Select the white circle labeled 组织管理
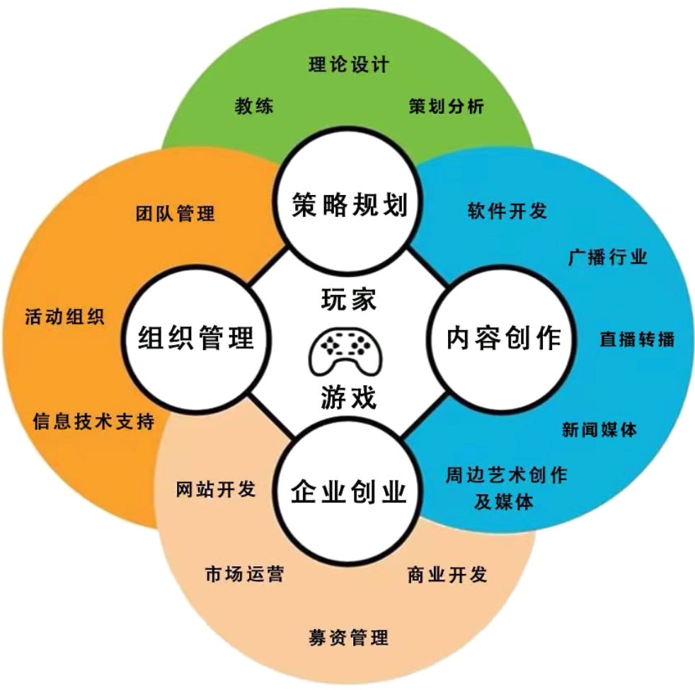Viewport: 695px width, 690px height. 195,338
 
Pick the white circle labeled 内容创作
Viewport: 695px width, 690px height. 503,338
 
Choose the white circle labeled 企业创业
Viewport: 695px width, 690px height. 348,491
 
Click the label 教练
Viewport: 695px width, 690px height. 254,107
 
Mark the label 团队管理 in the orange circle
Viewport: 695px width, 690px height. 176,214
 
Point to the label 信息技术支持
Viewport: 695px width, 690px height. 93,422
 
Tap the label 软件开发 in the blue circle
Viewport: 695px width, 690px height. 507,211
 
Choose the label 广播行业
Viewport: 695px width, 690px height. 608,257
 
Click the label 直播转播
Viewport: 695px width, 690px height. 637,339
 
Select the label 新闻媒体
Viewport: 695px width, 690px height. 599,429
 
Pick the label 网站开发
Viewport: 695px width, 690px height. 216,489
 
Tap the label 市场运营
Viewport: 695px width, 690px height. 244,573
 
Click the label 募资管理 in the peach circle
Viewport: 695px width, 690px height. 349,637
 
